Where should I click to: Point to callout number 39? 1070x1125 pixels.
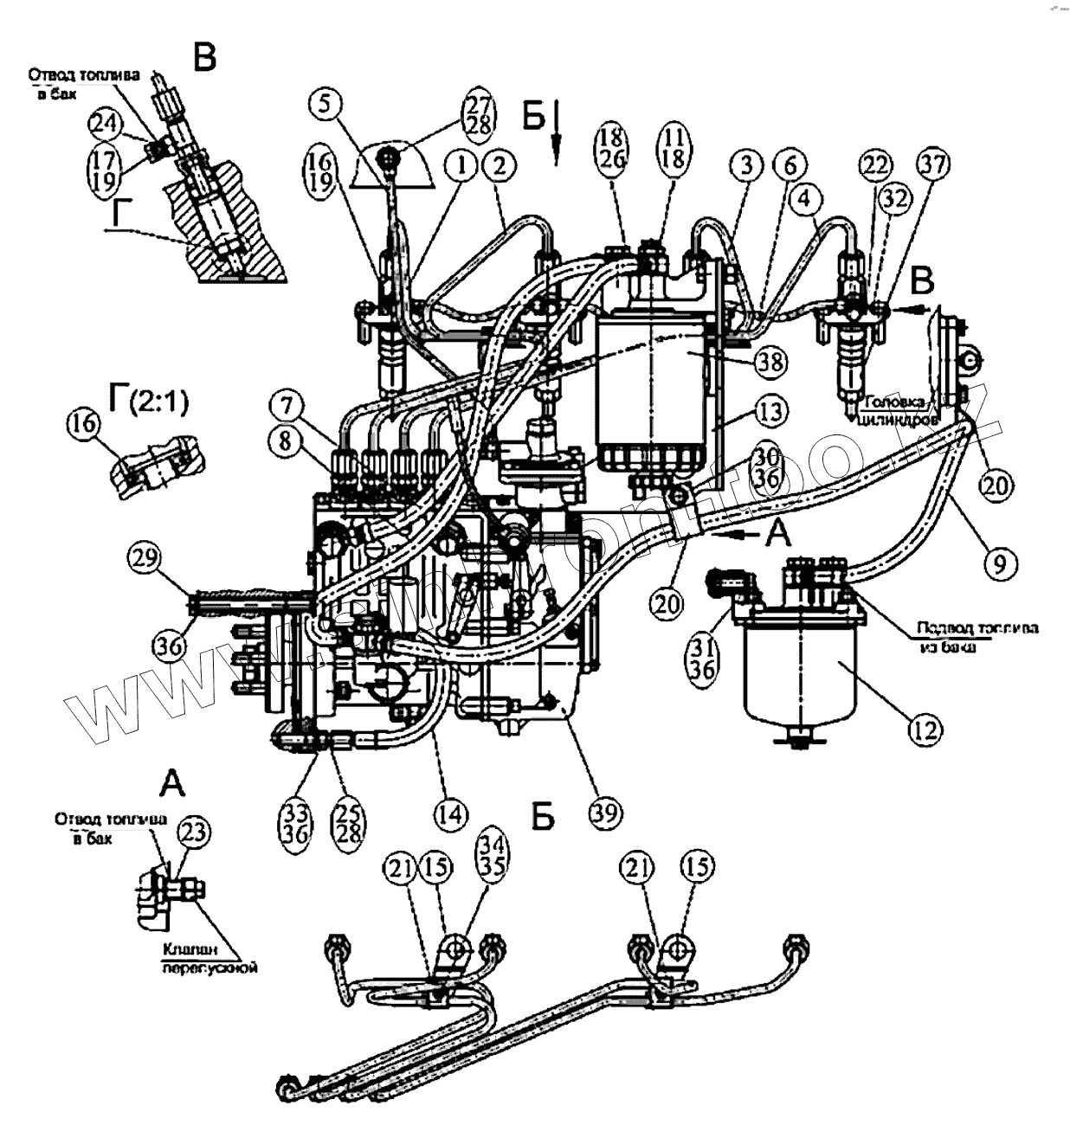[x=605, y=812]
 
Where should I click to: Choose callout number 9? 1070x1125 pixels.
[x=999, y=564]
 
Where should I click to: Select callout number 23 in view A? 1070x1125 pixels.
[x=194, y=832]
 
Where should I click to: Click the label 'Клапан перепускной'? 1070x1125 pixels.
[x=209, y=959]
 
